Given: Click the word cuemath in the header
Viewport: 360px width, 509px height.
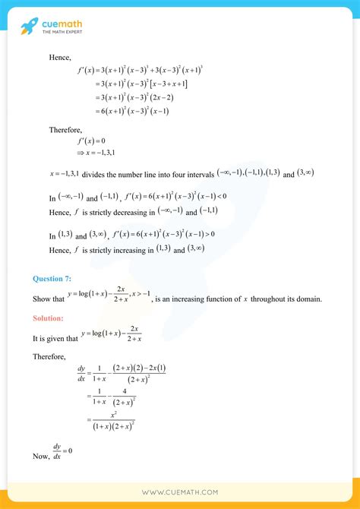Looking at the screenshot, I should click(64, 23).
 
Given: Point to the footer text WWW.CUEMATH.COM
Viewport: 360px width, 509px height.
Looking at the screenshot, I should click(179, 492).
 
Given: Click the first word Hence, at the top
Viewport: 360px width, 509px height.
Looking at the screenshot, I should click(61, 56).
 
